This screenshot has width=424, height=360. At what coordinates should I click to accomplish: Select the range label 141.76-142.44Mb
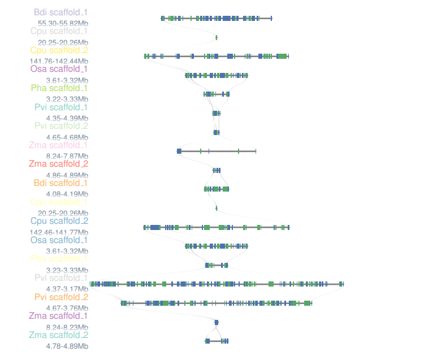59,61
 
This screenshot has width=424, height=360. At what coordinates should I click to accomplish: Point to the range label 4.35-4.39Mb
67,118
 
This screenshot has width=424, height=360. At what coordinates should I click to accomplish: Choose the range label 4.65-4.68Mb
67,137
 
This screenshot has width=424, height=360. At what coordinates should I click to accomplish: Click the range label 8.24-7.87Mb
67,156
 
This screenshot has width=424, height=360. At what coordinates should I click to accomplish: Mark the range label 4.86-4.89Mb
67,175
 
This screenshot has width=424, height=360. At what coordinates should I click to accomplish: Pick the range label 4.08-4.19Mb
67,194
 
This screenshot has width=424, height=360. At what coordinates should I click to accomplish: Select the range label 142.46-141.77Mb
59,232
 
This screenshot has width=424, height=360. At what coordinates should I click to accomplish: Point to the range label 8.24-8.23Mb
67,327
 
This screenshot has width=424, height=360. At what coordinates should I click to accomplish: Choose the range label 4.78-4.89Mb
67,346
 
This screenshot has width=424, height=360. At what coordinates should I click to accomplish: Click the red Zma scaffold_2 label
59,164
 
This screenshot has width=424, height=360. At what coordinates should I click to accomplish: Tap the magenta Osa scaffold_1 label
59,69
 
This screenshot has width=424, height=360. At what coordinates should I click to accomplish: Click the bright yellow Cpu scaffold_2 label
59,50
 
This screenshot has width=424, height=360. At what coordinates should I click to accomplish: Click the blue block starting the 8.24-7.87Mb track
179,151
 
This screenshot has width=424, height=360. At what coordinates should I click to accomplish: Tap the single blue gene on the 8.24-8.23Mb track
217,322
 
